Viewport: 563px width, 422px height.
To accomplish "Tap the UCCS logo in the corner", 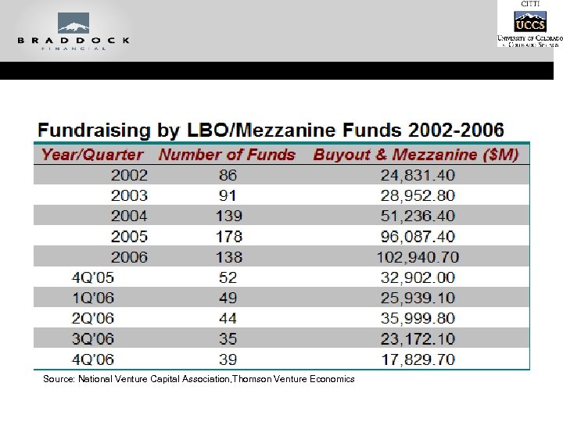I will [529, 21].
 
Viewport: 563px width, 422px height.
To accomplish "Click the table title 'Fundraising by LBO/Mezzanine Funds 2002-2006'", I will [271, 130].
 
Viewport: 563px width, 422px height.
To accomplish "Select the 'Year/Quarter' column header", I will [92, 155].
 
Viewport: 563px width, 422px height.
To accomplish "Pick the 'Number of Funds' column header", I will [227, 155].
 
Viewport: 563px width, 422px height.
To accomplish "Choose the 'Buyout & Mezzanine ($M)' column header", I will [415, 155].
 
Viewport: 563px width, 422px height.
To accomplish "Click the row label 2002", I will [129, 175].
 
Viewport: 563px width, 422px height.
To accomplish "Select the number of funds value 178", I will [228, 236].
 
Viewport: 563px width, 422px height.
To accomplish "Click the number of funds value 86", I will [228, 175].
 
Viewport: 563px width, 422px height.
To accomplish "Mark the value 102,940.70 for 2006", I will [415, 257].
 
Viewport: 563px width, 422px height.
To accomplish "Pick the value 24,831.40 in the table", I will [415, 175].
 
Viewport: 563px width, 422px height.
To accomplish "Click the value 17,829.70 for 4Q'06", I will [415, 359].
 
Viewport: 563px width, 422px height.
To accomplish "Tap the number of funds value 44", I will [228, 319].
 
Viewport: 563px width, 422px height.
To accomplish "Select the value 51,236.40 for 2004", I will [415, 216].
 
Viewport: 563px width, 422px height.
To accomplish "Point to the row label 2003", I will [129, 195].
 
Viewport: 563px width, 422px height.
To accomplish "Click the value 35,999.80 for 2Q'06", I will [415, 319].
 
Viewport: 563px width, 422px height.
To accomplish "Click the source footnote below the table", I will [199, 379].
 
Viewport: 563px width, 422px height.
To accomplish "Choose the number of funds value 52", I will [228, 277].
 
